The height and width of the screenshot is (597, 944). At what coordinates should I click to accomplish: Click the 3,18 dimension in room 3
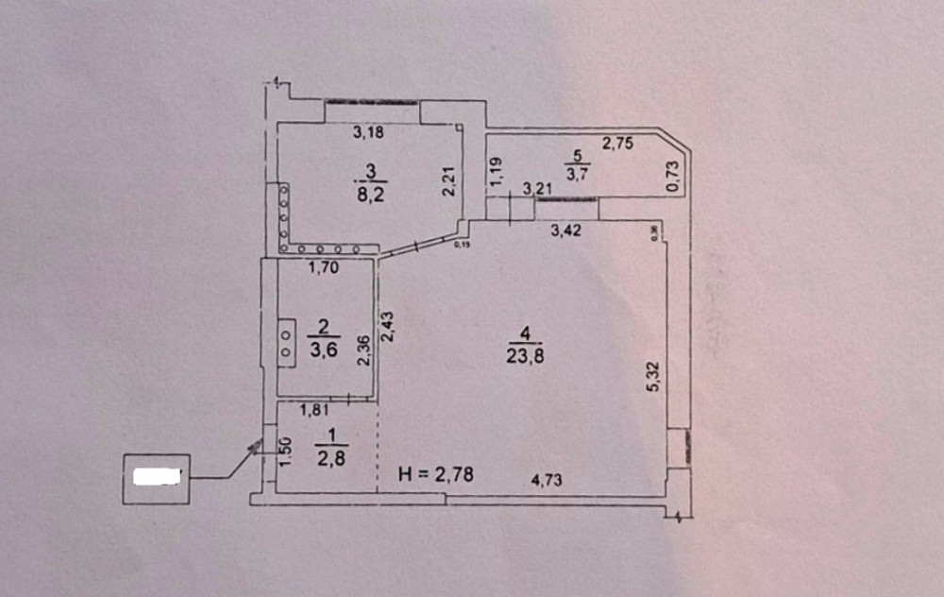pyautogui.click(x=369, y=133)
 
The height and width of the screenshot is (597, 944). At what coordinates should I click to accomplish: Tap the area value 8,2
pyautogui.click(x=368, y=196)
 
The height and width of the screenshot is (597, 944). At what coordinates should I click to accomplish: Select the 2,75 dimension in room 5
pyautogui.click(x=617, y=144)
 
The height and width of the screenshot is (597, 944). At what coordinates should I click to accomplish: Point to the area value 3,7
pyautogui.click(x=577, y=174)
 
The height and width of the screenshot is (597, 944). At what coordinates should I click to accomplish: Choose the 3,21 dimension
pyautogui.click(x=537, y=190)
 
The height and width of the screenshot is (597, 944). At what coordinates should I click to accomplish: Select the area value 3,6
pyautogui.click(x=324, y=350)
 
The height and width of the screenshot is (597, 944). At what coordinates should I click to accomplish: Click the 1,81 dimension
pyautogui.click(x=314, y=411)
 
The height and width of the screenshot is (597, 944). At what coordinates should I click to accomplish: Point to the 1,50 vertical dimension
pyautogui.click(x=286, y=451)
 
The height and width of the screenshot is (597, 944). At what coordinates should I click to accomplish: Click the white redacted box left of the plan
pyautogui.click(x=157, y=477)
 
